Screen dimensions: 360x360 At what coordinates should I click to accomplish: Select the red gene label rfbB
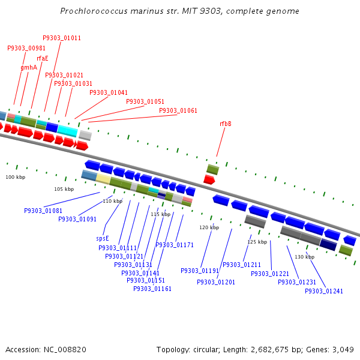point(226,124)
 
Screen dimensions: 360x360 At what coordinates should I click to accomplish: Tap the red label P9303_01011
point(62,38)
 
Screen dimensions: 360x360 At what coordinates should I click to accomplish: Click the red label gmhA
point(29,68)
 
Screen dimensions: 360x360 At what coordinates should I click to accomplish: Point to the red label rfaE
point(42,59)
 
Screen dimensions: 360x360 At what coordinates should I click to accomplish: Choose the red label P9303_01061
point(178,111)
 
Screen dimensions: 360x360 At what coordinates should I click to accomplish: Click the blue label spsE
point(103,238)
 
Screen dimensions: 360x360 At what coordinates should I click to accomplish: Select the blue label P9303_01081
point(43,211)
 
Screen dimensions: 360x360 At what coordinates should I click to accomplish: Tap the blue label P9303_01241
point(324,292)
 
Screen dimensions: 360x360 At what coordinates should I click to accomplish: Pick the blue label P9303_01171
point(175,245)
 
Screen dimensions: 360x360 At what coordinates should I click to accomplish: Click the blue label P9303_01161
point(152,289)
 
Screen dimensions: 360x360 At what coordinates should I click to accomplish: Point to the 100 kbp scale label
point(16,178)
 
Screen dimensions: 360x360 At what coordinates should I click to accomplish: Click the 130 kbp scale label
point(305,257)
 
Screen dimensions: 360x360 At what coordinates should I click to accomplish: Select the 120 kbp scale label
point(209,228)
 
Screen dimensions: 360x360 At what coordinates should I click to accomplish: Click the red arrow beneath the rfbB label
point(209,179)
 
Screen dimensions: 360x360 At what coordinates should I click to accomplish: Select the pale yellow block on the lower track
point(103,179)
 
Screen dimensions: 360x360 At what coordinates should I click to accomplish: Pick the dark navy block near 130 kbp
point(328,244)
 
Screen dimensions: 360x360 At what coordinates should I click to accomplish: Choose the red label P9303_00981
point(26,49)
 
